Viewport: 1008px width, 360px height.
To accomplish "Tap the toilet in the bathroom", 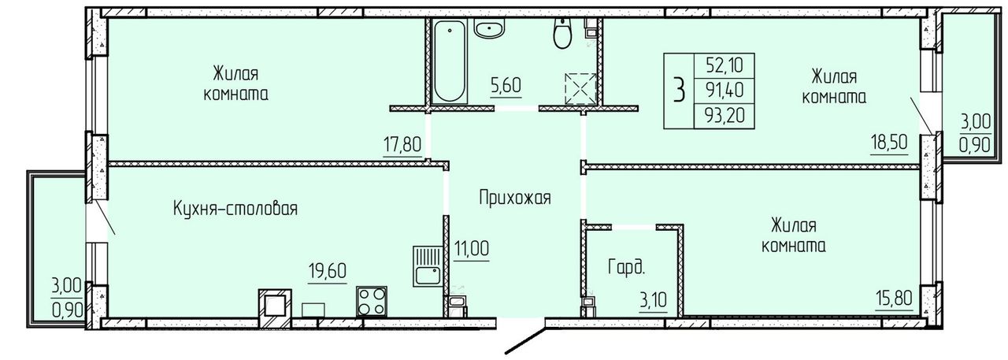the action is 562,33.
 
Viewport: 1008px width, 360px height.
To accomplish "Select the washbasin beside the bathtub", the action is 489,30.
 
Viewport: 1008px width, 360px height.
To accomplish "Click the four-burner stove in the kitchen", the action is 372,301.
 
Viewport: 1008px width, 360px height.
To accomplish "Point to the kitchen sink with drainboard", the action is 427,266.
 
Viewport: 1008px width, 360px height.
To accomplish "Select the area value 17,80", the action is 402,146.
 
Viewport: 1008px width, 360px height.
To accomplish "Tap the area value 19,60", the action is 327,271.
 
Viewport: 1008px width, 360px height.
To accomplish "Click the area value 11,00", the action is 472,249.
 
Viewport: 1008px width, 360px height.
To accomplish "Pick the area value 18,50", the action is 889,143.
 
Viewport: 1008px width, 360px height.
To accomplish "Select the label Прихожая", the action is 515,198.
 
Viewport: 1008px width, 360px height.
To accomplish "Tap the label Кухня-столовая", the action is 235,209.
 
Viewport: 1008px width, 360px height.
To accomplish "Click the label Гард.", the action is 626,267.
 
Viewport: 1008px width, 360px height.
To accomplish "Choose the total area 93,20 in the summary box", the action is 725,116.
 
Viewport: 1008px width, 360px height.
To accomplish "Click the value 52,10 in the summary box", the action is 724,65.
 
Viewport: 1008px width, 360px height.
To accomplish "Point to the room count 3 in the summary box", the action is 680,91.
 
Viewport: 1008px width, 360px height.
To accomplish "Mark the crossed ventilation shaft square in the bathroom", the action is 580,89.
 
